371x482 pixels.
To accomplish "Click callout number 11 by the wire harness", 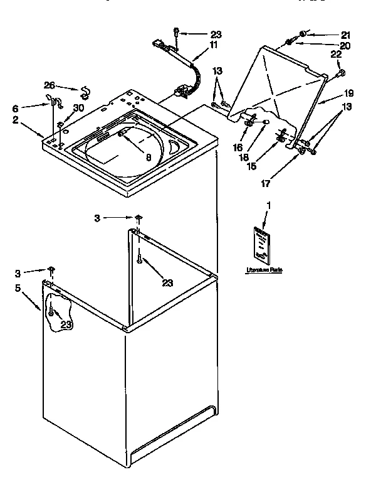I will (214, 46).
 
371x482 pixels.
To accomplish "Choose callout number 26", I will (50, 85).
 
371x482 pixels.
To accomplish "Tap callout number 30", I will (78, 108).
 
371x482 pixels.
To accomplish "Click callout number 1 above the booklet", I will (269, 206).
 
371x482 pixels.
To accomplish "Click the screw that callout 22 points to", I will (341, 73).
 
